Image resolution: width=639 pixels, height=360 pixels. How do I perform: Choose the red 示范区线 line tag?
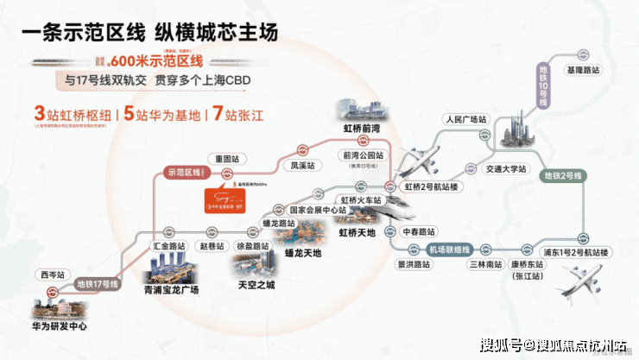182,173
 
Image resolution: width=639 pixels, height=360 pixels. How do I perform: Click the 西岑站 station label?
51,274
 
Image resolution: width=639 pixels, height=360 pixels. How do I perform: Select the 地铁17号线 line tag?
96,283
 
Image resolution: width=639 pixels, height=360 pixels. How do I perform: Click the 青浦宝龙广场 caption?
172,291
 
